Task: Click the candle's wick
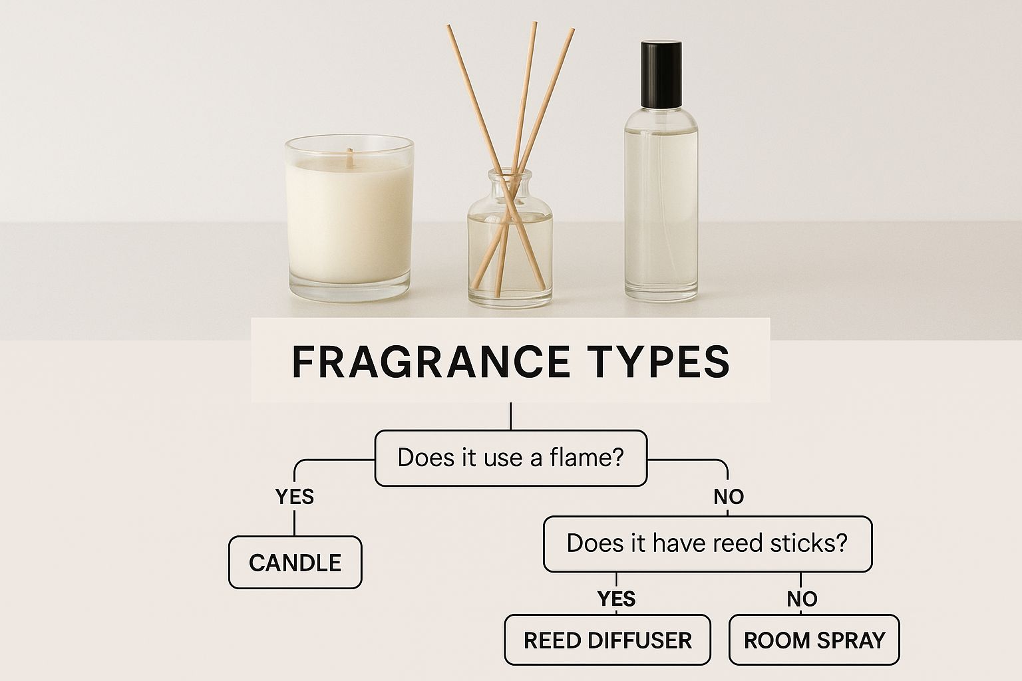pos(350,158)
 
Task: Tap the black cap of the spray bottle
pos(661,74)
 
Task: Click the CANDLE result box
pos(295,563)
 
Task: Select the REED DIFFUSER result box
pos(607,640)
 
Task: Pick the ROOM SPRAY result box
pos(814,640)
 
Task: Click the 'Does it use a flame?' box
pos(511,458)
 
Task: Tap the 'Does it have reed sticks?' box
pos(708,544)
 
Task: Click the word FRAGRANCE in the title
pos(430,362)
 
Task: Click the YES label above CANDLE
pos(295,496)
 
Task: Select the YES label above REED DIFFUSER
pos(616,599)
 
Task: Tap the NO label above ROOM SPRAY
pos(802,599)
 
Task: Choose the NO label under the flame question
pos(729,496)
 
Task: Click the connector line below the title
pos(510,416)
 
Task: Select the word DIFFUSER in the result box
pos(639,640)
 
